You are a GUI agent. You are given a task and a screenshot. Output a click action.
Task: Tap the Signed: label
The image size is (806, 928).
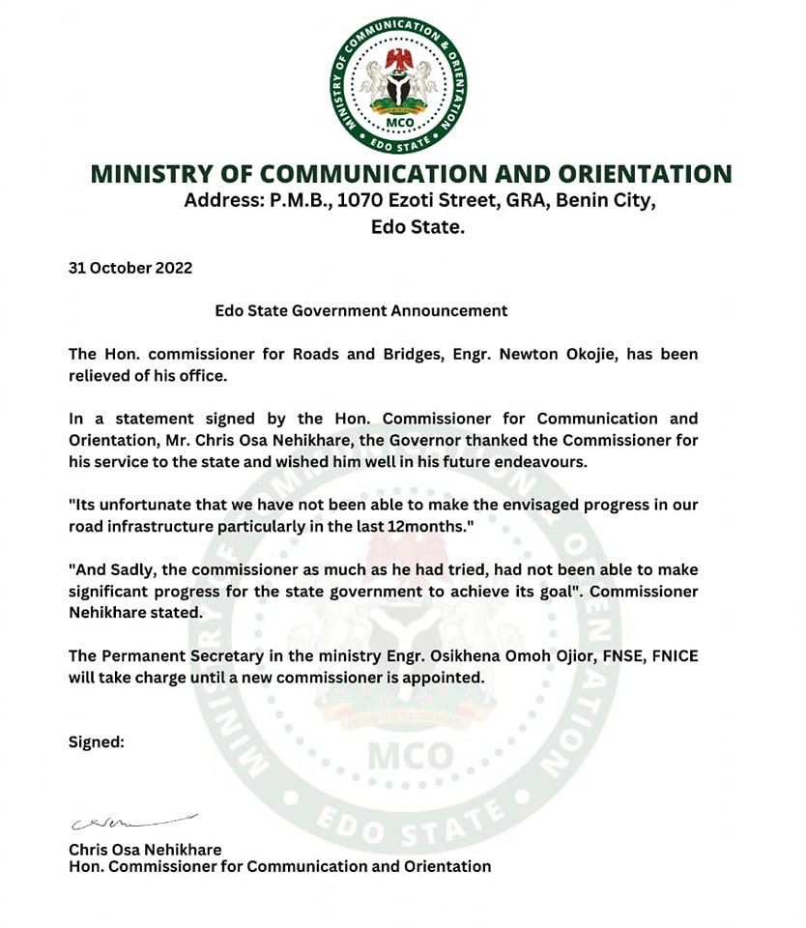click(x=97, y=742)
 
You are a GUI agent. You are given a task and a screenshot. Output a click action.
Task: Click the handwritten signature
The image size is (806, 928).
click(x=130, y=822)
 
